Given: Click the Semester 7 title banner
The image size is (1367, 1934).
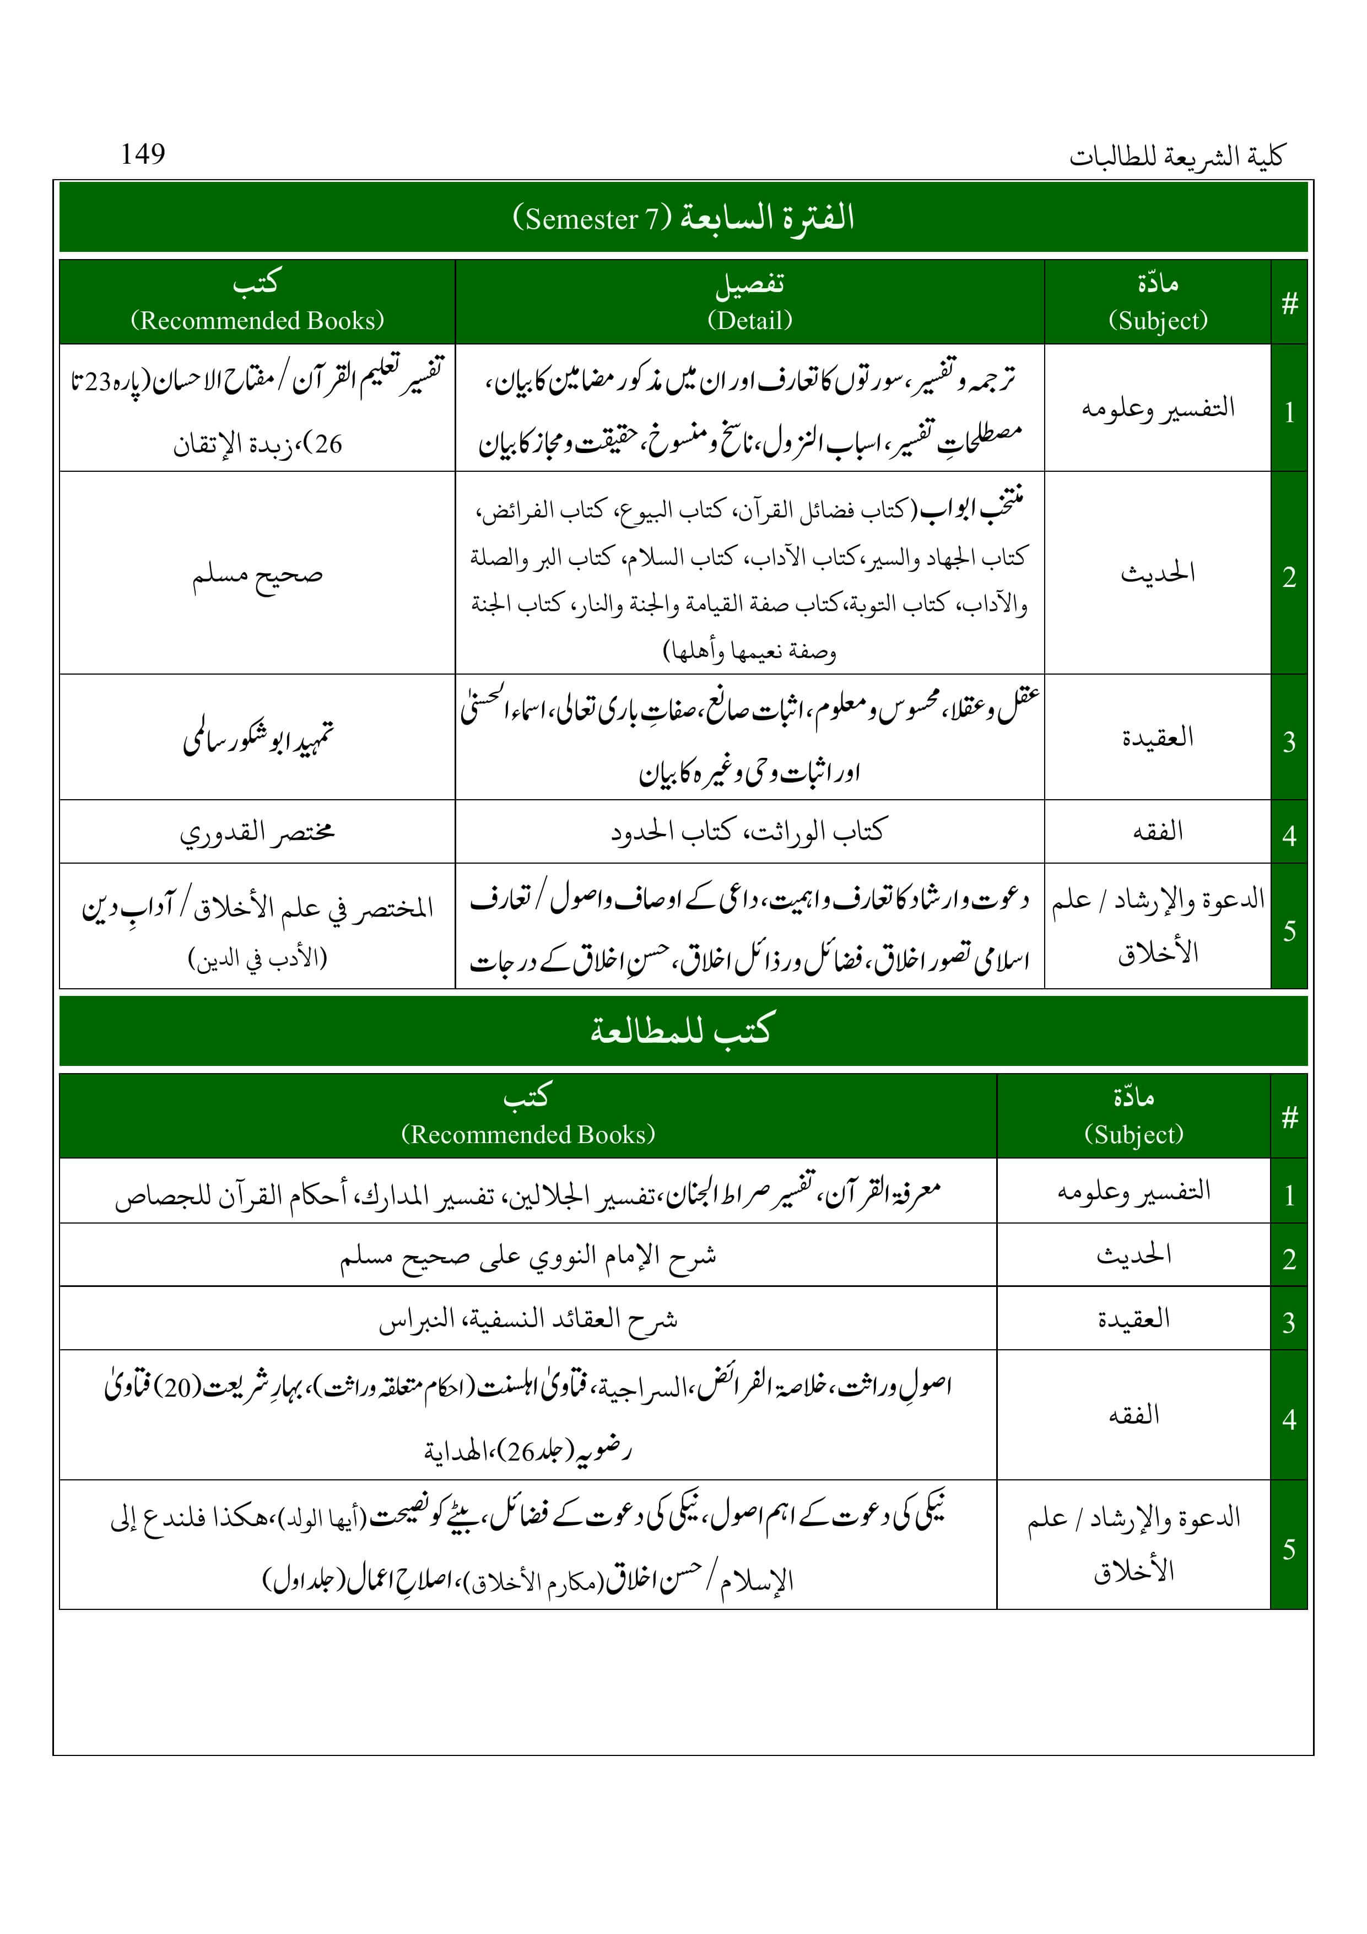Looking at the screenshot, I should [683, 217].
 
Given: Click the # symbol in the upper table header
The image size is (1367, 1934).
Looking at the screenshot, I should [1289, 303].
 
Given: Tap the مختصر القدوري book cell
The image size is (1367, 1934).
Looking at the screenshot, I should [257, 832].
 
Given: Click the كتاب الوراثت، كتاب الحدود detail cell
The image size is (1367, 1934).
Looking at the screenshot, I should [749, 832].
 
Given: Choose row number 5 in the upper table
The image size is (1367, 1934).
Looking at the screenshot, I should [1289, 931].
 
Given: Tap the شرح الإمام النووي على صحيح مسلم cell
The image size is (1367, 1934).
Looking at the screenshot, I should [528, 1256].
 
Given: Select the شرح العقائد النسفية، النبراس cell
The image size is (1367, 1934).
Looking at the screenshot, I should [528, 1319].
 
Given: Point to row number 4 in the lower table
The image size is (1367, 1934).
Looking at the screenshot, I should [1289, 1419].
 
